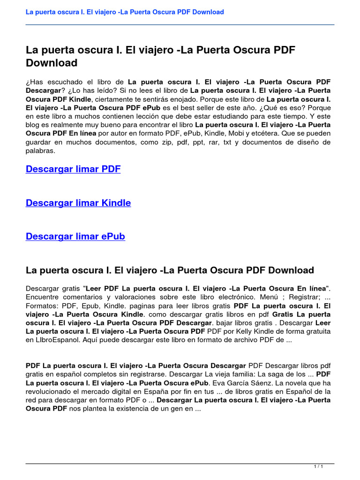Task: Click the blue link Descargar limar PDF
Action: pos(73,169)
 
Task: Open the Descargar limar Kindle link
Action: pos(78,203)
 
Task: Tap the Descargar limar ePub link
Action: pos(75,237)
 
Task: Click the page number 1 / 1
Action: pos(318,467)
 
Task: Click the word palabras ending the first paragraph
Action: pos(40,151)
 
